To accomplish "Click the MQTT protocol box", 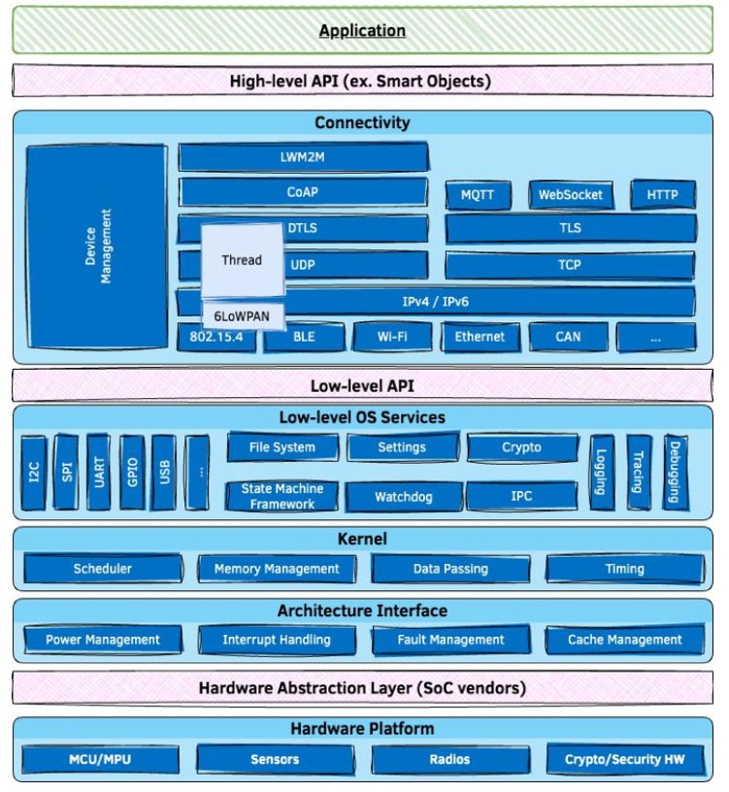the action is tap(478, 195).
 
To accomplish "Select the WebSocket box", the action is tap(571, 195).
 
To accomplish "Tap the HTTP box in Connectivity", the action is tap(663, 194).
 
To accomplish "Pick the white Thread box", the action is tap(242, 260).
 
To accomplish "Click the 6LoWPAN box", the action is tap(242, 316).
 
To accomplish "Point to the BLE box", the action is tap(304, 337).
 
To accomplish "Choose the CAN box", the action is tap(568, 337).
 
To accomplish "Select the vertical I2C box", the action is tap(34, 473).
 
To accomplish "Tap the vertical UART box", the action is tap(99, 473).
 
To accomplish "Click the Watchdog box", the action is tap(404, 497).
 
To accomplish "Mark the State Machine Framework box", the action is tap(282, 497).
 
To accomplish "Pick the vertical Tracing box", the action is tap(639, 473).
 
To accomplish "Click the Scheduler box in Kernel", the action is tap(103, 569).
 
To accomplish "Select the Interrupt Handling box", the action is tap(277, 640).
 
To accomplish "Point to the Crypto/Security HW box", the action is tap(625, 759).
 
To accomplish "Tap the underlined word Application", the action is tap(362, 31).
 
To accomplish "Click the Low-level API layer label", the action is tap(362, 386).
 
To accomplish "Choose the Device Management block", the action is tap(97, 247).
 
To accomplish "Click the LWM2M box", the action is tap(303, 157).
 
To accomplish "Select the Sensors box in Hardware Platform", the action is tap(276, 759).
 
